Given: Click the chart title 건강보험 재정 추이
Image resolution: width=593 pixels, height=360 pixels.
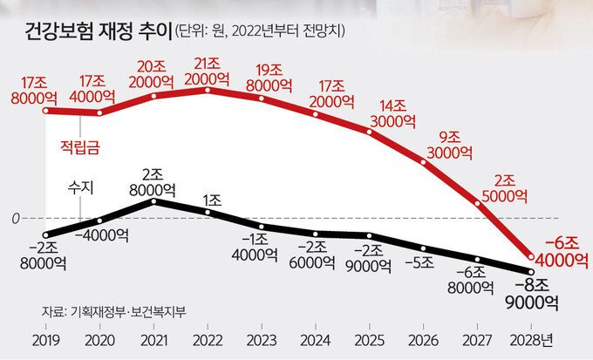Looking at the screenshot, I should (x=95, y=32).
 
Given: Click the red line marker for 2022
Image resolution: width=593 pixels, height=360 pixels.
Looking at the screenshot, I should (x=208, y=90).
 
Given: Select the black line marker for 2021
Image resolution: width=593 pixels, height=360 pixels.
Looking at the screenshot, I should (x=153, y=201).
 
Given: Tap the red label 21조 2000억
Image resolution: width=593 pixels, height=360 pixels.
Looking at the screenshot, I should (x=208, y=71).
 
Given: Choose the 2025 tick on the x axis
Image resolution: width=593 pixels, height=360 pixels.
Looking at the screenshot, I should (x=371, y=339).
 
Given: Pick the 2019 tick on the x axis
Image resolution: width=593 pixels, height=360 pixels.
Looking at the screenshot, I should (x=45, y=339).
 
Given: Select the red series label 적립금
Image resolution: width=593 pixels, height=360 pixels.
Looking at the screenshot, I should (x=79, y=147).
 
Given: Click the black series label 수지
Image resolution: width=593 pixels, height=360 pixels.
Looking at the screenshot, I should (x=80, y=187).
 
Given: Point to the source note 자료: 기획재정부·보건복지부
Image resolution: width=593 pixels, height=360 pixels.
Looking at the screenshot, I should (x=113, y=310).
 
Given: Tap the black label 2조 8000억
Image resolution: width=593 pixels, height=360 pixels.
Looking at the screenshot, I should (x=153, y=180).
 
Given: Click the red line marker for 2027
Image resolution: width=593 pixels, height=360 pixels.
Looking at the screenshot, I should (x=478, y=202).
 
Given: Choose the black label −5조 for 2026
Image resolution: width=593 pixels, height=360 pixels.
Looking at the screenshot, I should (x=425, y=261).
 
